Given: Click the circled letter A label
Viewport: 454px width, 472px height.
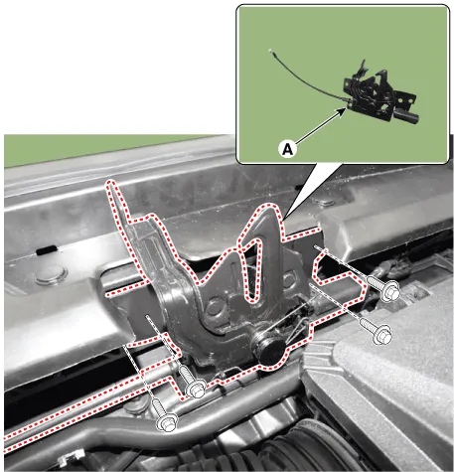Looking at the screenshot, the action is click(x=288, y=149).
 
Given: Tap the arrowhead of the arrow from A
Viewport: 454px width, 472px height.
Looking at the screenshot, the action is click(x=343, y=111).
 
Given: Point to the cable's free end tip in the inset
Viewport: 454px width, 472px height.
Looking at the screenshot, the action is click(x=271, y=51).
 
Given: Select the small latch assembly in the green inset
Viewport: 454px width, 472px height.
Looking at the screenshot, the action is click(x=380, y=93).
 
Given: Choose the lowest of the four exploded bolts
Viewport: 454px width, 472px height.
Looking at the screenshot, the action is click(x=164, y=415).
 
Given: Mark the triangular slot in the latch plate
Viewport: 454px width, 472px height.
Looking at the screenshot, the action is click(x=253, y=267).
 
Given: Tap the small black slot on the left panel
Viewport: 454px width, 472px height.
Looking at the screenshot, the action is click(x=46, y=250).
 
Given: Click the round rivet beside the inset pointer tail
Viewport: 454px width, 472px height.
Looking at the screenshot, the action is click(x=324, y=202).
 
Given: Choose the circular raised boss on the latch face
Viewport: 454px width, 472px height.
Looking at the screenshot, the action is click(x=214, y=307).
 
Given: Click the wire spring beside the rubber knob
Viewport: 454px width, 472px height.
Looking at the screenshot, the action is click(x=295, y=323).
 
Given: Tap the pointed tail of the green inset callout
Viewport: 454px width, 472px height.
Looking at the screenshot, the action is click(x=284, y=219).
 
